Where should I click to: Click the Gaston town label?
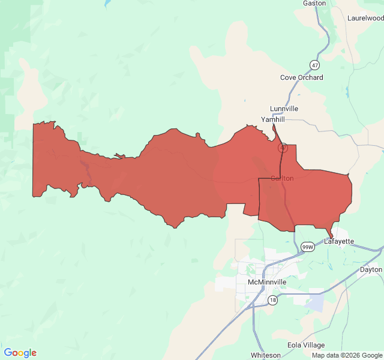tap(314, 3)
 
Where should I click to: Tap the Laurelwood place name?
tap(365, 18)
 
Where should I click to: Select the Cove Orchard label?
tap(301, 77)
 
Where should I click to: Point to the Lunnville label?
tap(284, 109)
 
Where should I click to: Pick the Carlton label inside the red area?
tap(282, 178)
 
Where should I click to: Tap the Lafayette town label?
tap(339, 241)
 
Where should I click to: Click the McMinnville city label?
tap(267, 281)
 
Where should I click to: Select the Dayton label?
tap(371, 269)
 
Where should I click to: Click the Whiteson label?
tap(265, 355)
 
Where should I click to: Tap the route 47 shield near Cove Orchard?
tap(315, 65)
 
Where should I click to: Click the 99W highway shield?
tap(307, 247)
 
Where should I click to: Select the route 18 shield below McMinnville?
tap(272, 300)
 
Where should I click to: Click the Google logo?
tap(20, 353)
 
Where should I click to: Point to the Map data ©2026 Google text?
tap(346, 355)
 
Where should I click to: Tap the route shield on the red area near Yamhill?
tap(283, 147)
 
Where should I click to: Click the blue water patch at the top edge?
tap(107, 3)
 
